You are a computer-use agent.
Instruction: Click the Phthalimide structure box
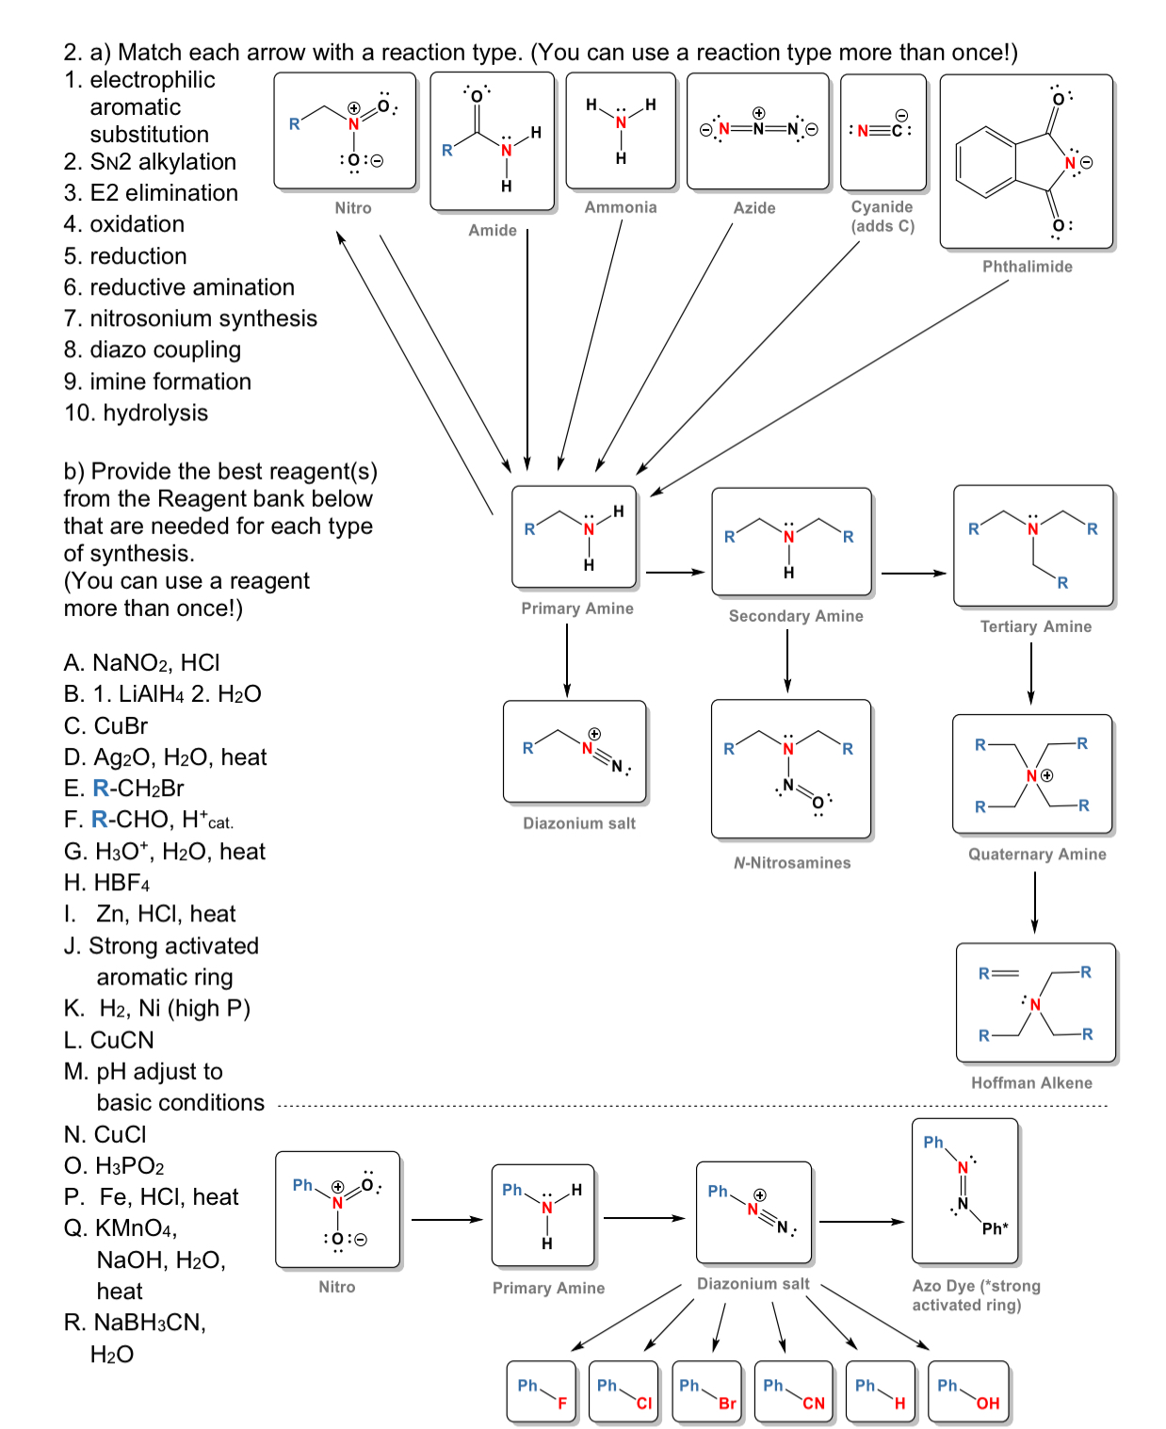click(x=1027, y=162)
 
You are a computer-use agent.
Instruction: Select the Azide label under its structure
click(x=754, y=208)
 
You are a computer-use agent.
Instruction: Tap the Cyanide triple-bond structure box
click(x=883, y=132)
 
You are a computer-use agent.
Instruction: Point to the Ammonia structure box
click(x=621, y=131)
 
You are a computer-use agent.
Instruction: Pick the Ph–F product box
click(x=542, y=1391)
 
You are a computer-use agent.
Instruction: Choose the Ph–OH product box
click(x=968, y=1391)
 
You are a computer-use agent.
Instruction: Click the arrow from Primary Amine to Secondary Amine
click(x=675, y=572)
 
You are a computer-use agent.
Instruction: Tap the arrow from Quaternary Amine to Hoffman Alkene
click(x=1034, y=901)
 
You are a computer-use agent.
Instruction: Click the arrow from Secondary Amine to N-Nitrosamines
click(x=787, y=660)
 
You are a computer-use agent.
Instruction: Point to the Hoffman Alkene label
click(x=1031, y=1083)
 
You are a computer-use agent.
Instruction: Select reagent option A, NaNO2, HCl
click(x=142, y=663)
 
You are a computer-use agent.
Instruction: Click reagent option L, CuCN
click(x=109, y=1040)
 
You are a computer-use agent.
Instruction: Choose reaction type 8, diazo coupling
click(x=153, y=349)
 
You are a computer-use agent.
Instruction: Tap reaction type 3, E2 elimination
click(x=151, y=193)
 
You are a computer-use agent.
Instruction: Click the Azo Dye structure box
click(x=965, y=1191)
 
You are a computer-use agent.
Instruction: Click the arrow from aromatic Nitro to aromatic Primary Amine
click(x=447, y=1220)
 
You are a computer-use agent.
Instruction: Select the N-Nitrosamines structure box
click(x=791, y=769)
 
